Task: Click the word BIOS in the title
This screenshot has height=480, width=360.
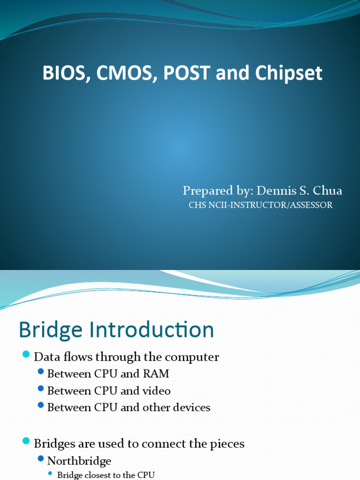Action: tap(61, 74)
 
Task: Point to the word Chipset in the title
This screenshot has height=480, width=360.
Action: tap(289, 74)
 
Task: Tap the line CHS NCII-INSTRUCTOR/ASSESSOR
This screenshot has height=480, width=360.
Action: tap(260, 205)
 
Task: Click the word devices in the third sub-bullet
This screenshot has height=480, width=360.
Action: tap(191, 407)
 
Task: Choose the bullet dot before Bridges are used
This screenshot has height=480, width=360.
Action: tap(26, 440)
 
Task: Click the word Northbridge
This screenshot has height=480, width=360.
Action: tap(79, 461)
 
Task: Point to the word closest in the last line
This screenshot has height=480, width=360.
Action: tap(97, 475)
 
